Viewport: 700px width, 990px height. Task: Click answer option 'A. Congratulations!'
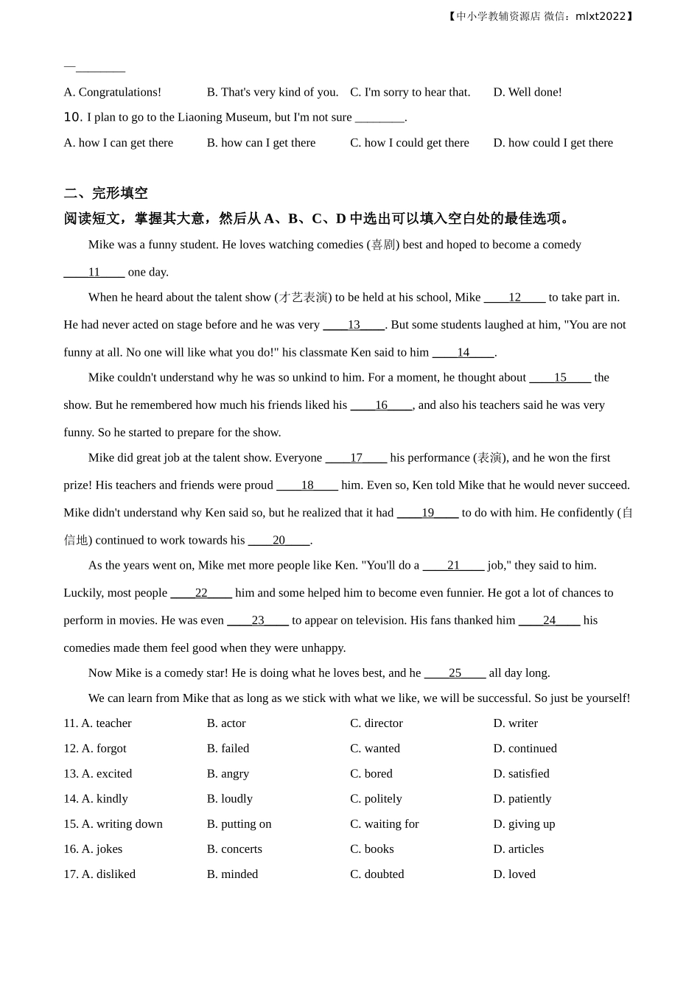point(112,92)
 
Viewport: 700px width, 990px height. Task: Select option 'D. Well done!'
point(527,92)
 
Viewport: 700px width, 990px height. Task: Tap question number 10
point(72,117)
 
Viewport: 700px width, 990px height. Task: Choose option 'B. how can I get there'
point(261,143)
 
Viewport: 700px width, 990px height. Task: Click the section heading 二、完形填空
point(105,193)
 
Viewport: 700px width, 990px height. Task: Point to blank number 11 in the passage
point(94,272)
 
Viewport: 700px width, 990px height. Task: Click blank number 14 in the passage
point(463,352)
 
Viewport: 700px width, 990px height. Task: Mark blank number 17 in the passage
point(356,457)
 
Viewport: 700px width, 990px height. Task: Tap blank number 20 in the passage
point(279,540)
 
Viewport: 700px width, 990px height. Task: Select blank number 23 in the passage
point(258,620)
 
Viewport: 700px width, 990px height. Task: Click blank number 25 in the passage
point(455,673)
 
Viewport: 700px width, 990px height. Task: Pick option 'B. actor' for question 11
point(226,723)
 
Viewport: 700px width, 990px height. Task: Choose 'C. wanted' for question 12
point(375,748)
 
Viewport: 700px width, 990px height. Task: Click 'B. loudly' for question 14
point(229,798)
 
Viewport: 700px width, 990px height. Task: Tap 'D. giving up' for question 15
point(524,824)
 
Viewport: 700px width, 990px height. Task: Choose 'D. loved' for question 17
point(514,874)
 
